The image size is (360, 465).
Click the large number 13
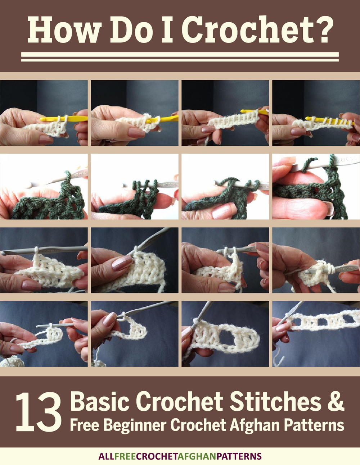click(x=39, y=412)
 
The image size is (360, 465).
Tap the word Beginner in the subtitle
click(x=135, y=426)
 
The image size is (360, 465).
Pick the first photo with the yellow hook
click(x=44, y=113)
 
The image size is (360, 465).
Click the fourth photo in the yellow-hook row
click(x=316, y=113)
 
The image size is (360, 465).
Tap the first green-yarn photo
click(x=44, y=187)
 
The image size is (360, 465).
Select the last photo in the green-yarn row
click(x=316, y=187)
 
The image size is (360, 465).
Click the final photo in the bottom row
click(x=316, y=334)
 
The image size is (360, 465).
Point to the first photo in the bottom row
click(x=44, y=334)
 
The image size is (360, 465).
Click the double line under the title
click(x=180, y=57)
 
